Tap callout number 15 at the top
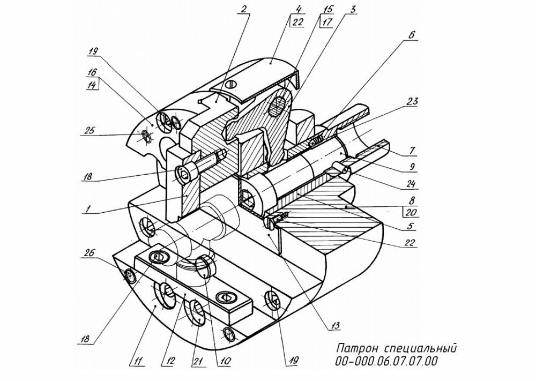(325, 9)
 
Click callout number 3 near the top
(354, 9)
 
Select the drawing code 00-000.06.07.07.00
(386, 362)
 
